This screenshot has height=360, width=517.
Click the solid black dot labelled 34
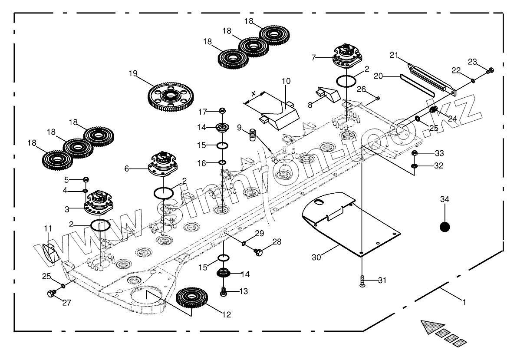click(445, 227)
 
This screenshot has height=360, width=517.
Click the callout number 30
click(317, 257)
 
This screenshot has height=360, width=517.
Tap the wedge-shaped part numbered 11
click(50, 253)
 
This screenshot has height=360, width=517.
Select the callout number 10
click(286, 81)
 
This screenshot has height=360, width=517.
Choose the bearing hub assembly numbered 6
click(164, 164)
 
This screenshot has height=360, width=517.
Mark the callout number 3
click(67, 209)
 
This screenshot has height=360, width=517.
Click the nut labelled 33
click(415, 153)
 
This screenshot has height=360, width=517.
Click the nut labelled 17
click(222, 111)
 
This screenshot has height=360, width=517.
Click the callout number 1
click(464, 303)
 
